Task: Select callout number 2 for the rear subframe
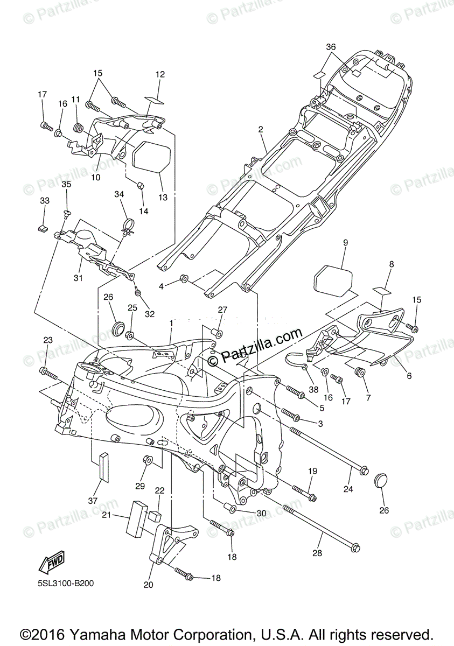[260, 130]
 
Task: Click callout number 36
[331, 47]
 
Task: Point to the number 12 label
[160, 75]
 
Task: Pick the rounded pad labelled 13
[152, 155]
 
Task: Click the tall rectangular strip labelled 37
[104, 466]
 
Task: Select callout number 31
[79, 278]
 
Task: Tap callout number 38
[313, 389]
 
